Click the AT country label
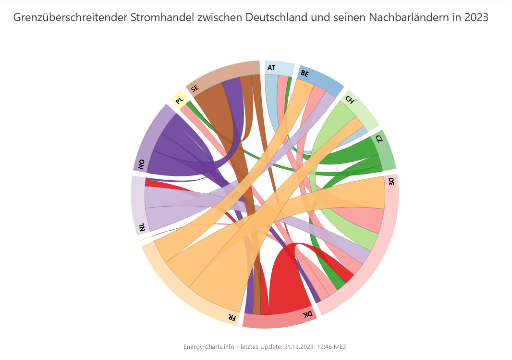point(271,67)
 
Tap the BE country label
point(304,74)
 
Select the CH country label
point(350,100)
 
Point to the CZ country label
point(379,139)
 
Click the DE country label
point(391,182)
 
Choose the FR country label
point(232,318)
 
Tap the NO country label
point(141,165)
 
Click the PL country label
point(179,101)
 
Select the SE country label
point(195,88)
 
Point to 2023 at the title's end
point(476,18)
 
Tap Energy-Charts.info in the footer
point(209,347)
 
